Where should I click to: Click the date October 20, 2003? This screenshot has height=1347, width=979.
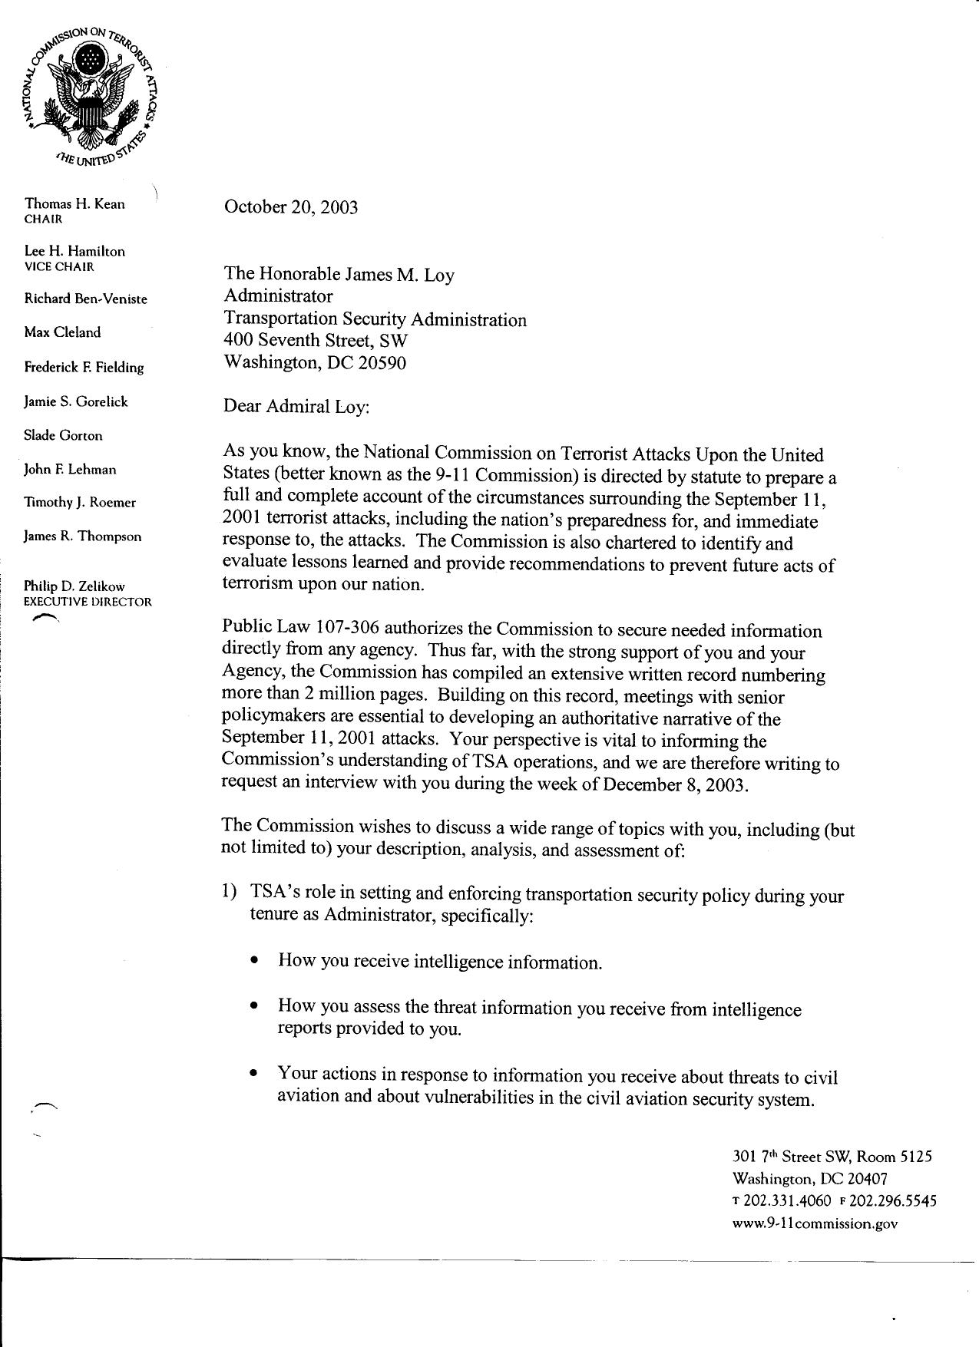(x=290, y=207)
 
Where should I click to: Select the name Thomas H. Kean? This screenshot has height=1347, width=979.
(x=74, y=203)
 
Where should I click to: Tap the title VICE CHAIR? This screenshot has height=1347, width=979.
(x=59, y=267)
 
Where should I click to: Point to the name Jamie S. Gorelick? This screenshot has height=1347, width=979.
(x=76, y=401)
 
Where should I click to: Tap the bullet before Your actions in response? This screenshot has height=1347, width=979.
(x=253, y=1075)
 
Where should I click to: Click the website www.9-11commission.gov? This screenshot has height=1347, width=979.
(x=815, y=1224)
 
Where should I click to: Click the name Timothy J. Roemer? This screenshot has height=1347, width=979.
(x=80, y=503)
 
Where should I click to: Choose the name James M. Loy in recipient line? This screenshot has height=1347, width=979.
(x=398, y=275)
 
